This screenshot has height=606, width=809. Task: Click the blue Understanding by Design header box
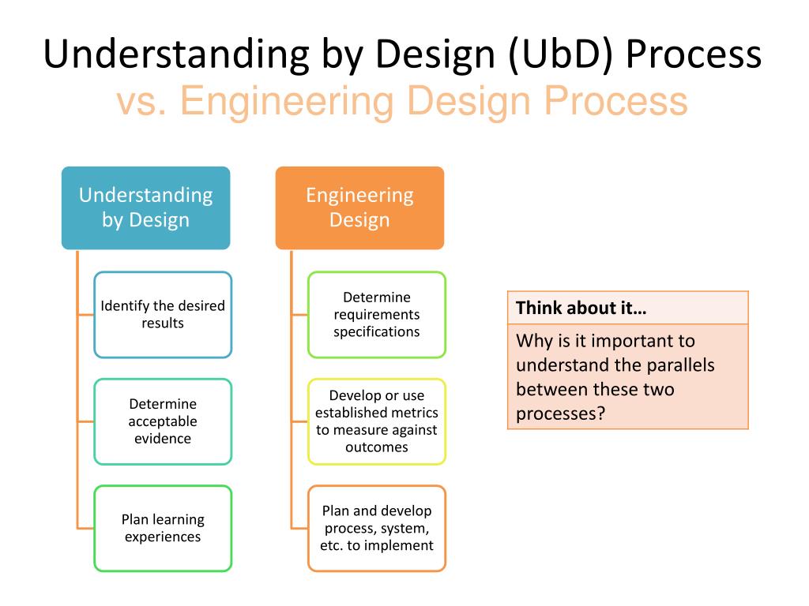pyautogui.click(x=145, y=208)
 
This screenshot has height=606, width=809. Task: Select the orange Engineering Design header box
pyautogui.click(x=359, y=208)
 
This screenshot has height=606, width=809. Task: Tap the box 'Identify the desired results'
pyautogui.click(x=163, y=314)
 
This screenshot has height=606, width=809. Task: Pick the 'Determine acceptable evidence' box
pyautogui.click(x=163, y=421)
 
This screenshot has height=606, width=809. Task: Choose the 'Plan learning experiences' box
pyautogui.click(x=163, y=528)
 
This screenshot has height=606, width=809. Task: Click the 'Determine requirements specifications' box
pyautogui.click(x=376, y=314)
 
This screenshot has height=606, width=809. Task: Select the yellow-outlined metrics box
pyautogui.click(x=376, y=421)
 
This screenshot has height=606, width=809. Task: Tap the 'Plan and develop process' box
pyautogui.click(x=376, y=528)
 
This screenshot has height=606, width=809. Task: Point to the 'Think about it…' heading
pyautogui.click(x=581, y=308)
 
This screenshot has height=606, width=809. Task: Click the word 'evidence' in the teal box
pyautogui.click(x=163, y=439)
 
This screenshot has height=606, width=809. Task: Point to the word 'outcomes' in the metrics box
pyautogui.click(x=376, y=447)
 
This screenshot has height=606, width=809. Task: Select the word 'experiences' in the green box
pyautogui.click(x=163, y=537)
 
